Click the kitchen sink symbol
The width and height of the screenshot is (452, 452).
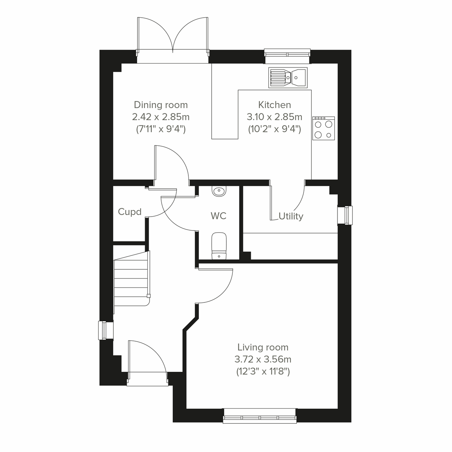pos(288,78)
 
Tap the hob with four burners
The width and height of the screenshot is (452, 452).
pos(323,128)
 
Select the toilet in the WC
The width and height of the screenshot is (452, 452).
pos(219,246)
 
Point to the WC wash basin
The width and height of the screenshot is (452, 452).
pos(219,191)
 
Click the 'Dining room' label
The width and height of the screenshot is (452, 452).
pos(161,105)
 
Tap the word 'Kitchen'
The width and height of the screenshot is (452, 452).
pos(274,105)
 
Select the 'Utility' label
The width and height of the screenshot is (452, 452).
pos(291,216)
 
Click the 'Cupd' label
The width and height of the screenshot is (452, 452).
pos(130,212)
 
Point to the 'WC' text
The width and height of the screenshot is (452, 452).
pos(218,216)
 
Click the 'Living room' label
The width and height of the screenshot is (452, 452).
pos(263,347)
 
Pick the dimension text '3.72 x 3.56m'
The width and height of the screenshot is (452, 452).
pos(263,359)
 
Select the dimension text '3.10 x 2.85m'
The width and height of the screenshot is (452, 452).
pos(274,117)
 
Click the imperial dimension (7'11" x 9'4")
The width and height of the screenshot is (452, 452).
pos(161,129)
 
